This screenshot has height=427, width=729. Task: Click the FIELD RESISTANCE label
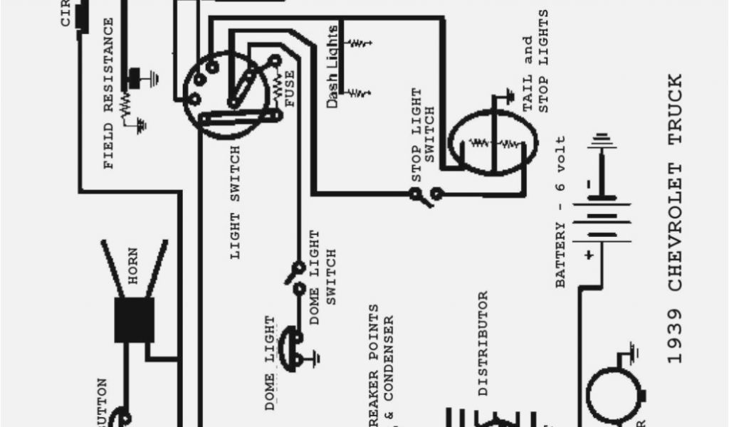coord(108,93)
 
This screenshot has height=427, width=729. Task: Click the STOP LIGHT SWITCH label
coord(423,135)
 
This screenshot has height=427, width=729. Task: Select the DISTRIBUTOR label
coord(483,342)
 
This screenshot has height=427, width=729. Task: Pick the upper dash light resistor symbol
coord(359,44)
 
